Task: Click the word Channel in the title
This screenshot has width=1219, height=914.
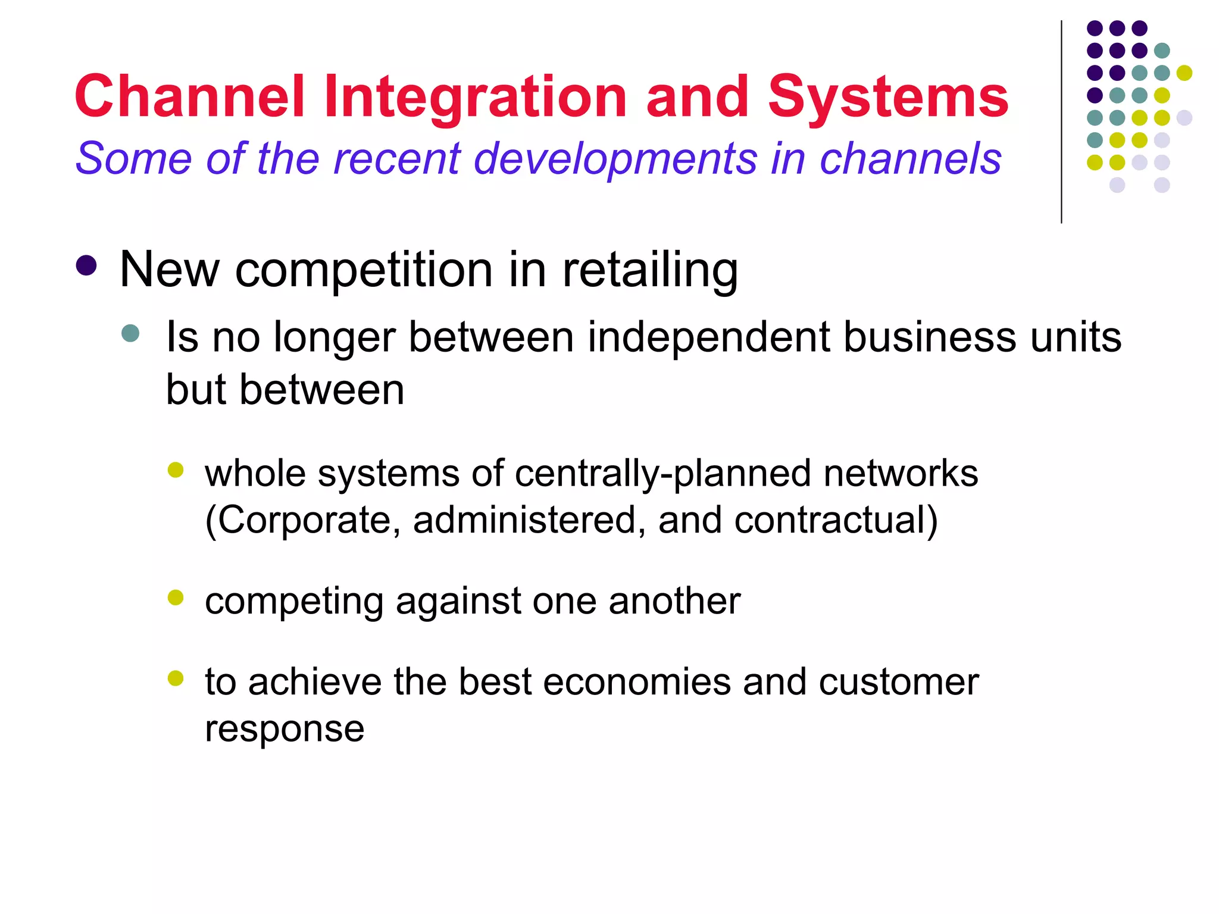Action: click(190, 97)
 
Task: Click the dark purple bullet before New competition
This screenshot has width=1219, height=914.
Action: click(87, 266)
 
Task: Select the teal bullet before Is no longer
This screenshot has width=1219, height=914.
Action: click(130, 333)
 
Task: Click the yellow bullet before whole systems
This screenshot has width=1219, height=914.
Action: click(176, 470)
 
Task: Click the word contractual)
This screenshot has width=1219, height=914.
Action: click(836, 520)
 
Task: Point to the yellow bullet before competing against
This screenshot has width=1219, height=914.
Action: click(176, 597)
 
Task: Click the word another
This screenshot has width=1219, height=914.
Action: click(674, 601)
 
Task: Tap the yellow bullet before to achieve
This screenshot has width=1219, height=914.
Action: click(176, 678)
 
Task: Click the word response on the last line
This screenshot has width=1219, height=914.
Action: click(285, 729)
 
